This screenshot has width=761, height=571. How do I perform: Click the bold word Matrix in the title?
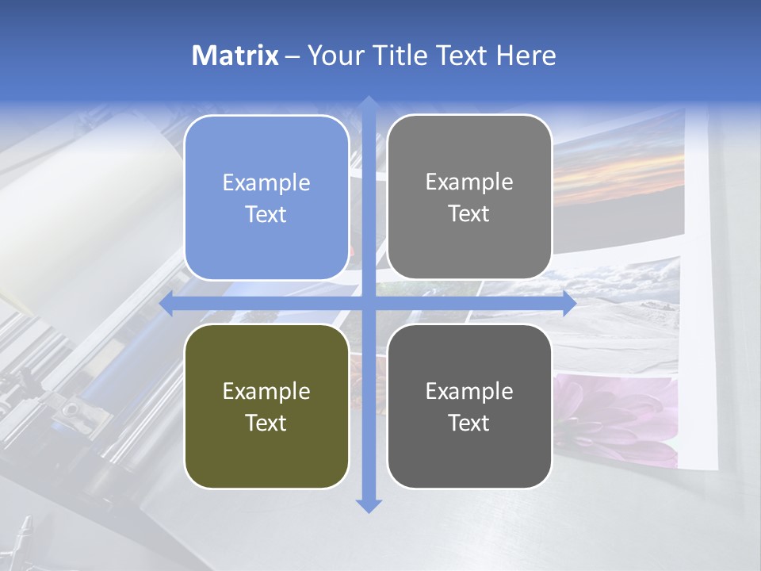[235, 56]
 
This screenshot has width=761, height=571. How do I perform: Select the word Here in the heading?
[526, 56]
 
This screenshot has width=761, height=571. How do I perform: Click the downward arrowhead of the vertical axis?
[368, 505]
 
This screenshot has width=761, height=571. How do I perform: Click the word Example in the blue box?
[266, 182]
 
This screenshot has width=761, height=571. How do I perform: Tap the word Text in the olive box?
[266, 423]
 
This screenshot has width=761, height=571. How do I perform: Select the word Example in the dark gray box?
[469, 391]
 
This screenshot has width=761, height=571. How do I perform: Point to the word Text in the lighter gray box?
[469, 213]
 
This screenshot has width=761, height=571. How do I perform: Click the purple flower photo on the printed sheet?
[618, 416]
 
